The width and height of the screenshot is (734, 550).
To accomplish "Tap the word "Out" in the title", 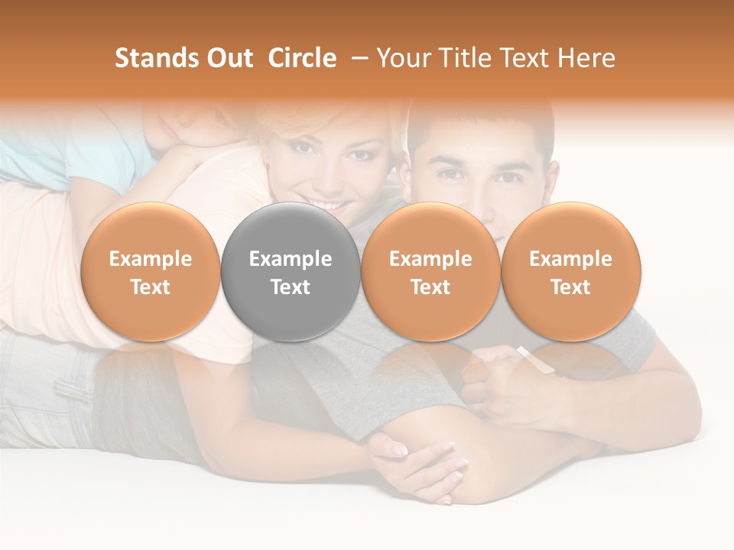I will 227,58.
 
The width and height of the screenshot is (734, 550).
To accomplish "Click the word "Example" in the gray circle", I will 291,259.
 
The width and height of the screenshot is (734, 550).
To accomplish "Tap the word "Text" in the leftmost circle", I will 151,287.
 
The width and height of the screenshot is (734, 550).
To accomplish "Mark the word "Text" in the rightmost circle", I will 570,287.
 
